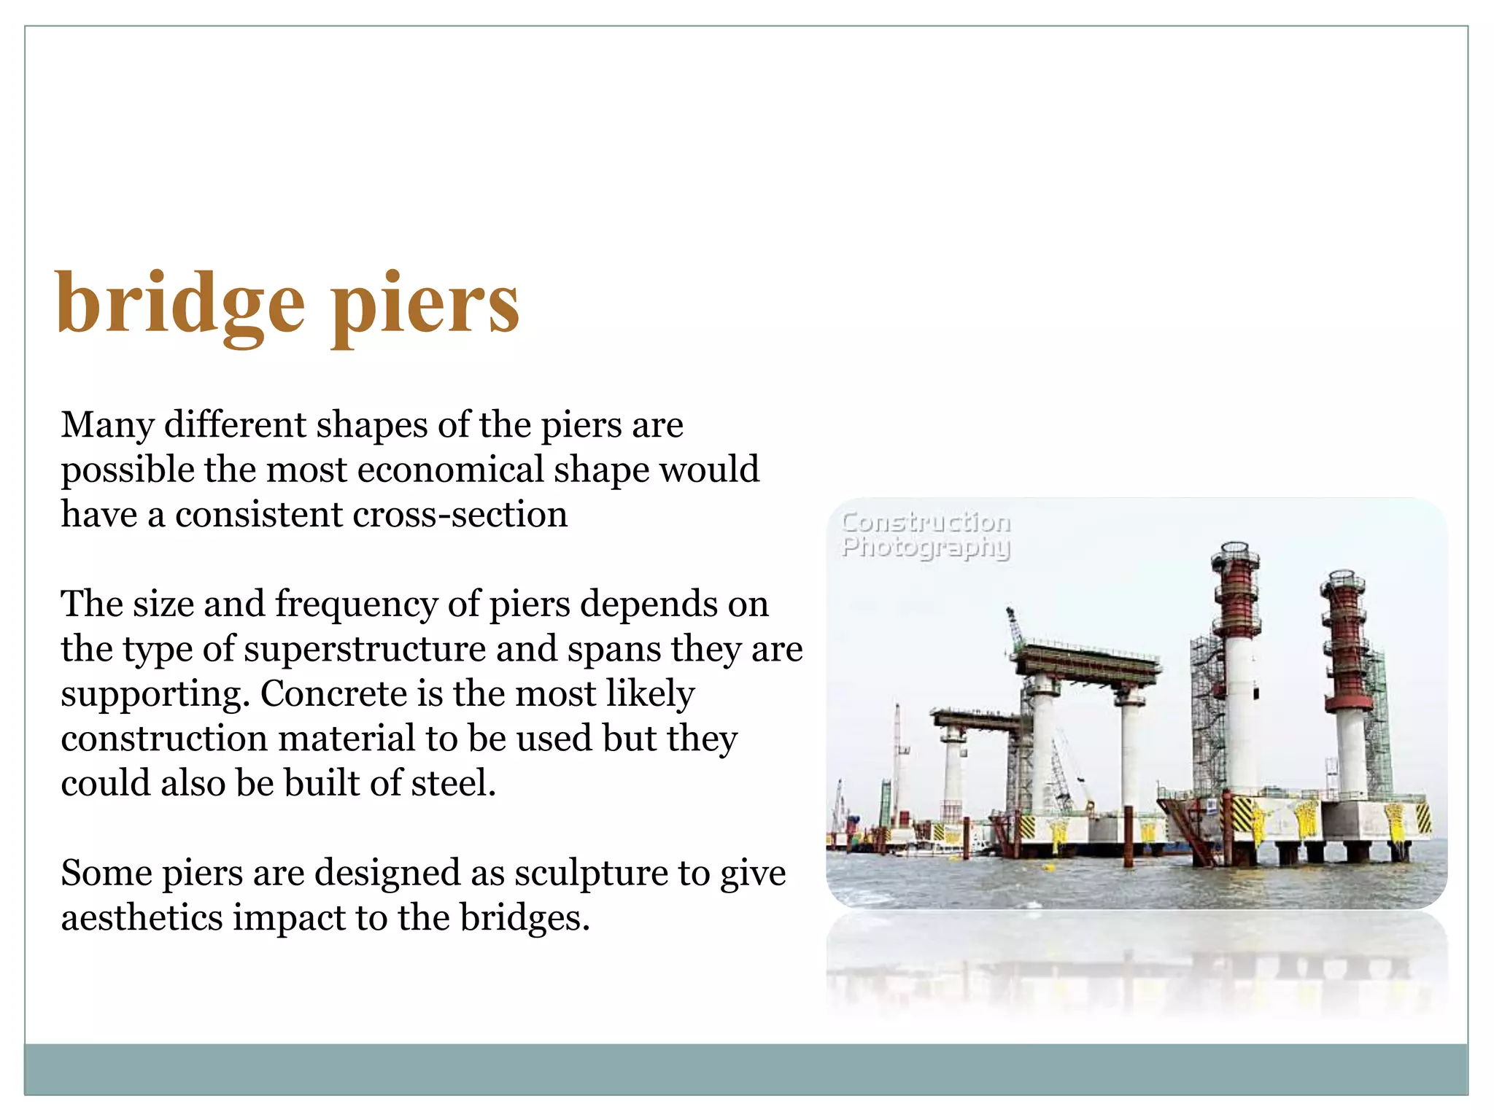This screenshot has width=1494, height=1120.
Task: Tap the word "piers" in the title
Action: (x=425, y=305)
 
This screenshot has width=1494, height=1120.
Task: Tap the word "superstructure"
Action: (x=365, y=649)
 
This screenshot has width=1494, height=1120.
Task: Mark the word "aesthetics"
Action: (x=142, y=917)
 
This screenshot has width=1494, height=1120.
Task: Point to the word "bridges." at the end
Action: (x=525, y=917)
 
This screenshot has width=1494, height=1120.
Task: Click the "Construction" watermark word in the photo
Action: (x=926, y=522)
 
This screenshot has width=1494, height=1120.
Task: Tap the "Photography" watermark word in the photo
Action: (x=926, y=547)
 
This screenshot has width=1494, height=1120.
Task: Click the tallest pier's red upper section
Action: (x=1236, y=591)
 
